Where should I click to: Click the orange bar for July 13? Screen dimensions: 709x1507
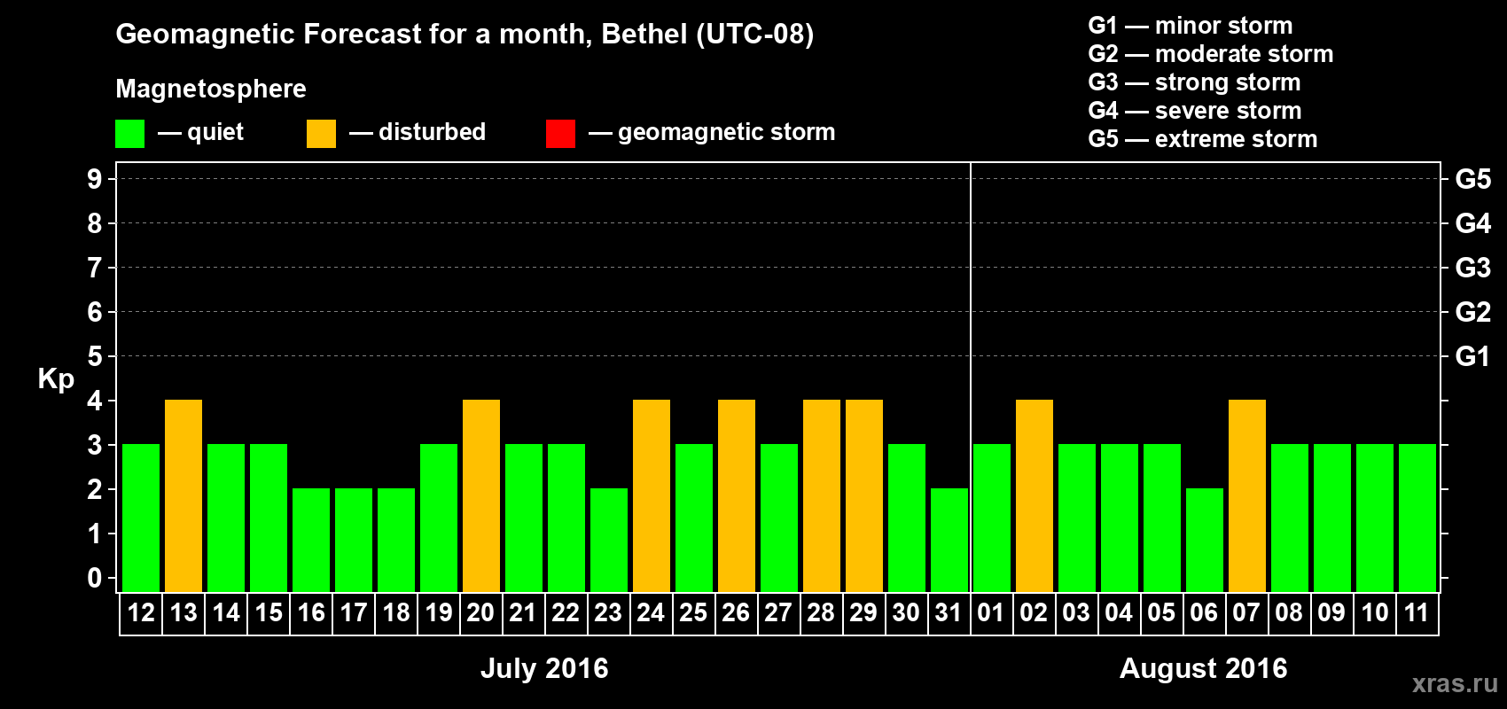[x=183, y=495]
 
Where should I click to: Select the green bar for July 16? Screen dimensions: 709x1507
[x=311, y=540]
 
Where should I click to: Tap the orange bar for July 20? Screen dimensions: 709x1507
[x=481, y=495]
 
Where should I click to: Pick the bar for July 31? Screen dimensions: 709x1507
[x=949, y=540]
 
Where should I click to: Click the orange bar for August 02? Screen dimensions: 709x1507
[x=1035, y=495]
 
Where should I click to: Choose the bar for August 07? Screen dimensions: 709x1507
[x=1247, y=495]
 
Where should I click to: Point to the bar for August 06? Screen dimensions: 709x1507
[x=1205, y=540]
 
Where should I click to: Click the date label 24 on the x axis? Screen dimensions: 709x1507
[x=651, y=612]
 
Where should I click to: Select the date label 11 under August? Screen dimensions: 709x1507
[x=1417, y=612]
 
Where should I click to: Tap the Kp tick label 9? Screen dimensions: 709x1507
[x=95, y=179]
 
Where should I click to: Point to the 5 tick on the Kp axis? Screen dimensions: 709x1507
[x=95, y=356]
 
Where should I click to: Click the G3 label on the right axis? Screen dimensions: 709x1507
[x=1472, y=268]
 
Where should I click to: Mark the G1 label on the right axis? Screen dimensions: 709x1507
[x=1472, y=356]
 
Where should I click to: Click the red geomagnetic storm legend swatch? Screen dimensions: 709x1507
[x=560, y=134]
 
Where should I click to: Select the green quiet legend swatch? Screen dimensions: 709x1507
[x=129, y=134]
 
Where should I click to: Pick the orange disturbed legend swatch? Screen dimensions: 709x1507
[x=321, y=134]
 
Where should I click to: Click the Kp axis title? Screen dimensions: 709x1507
[x=56, y=379]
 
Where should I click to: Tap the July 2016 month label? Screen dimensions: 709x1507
[x=544, y=668]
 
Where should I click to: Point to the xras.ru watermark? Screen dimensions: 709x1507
[x=1455, y=682]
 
